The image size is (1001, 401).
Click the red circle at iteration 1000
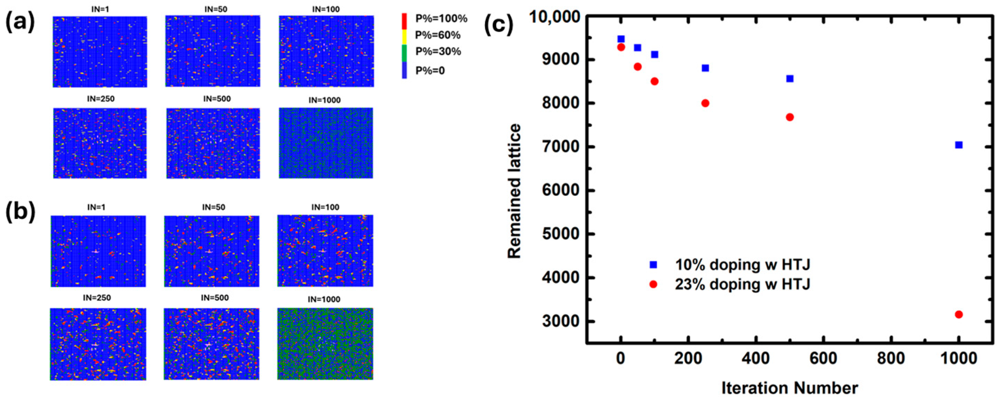[x=958, y=314]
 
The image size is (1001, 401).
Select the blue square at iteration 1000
[x=958, y=145]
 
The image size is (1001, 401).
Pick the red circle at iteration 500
[x=790, y=117]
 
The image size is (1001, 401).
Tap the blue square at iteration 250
[x=705, y=68]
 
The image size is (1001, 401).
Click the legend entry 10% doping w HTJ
[x=742, y=265]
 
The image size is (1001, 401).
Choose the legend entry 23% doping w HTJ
[x=742, y=284]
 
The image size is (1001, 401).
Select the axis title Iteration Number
[x=790, y=388]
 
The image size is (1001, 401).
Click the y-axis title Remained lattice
[x=514, y=191]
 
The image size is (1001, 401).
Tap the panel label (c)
[x=498, y=24]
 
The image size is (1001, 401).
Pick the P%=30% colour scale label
[x=438, y=51]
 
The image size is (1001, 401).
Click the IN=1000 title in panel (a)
[x=325, y=100]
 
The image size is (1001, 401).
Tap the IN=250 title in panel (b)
[x=97, y=298]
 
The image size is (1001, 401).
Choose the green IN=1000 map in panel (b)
[x=325, y=344]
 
